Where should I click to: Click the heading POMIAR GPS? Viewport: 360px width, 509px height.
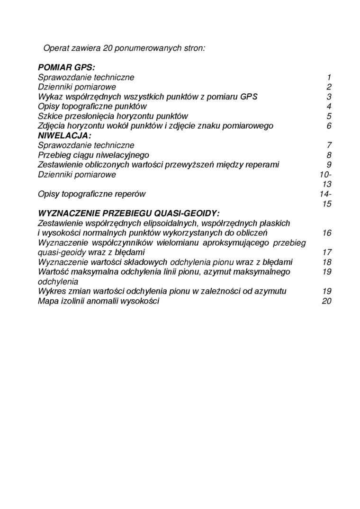pyautogui.click(x=66, y=67)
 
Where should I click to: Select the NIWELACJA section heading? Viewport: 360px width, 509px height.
pyautogui.click(x=64, y=135)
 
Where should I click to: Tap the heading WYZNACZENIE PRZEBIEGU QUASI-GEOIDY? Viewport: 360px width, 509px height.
pyautogui.click(x=129, y=213)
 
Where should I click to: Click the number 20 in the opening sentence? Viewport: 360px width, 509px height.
pyautogui.click(x=107, y=48)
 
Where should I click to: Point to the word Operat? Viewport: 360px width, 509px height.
pyautogui.click(x=56, y=48)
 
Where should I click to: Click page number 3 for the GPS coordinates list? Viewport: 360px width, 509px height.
pyautogui.click(x=329, y=97)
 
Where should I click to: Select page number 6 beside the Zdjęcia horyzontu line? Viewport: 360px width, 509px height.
pyautogui.click(x=329, y=126)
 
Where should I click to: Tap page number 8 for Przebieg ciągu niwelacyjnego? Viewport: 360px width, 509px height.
pyautogui.click(x=329, y=155)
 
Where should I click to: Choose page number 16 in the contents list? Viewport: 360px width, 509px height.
pyautogui.click(x=326, y=233)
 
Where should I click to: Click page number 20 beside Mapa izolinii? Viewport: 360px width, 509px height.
pyautogui.click(x=326, y=301)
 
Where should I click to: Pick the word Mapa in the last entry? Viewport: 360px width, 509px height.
pyautogui.click(x=47, y=301)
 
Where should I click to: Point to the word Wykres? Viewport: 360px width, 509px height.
pyautogui.click(x=51, y=291)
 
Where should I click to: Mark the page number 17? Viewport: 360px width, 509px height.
pyautogui.click(x=326, y=252)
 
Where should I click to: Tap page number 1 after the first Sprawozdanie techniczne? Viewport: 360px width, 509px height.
pyautogui.click(x=329, y=77)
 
